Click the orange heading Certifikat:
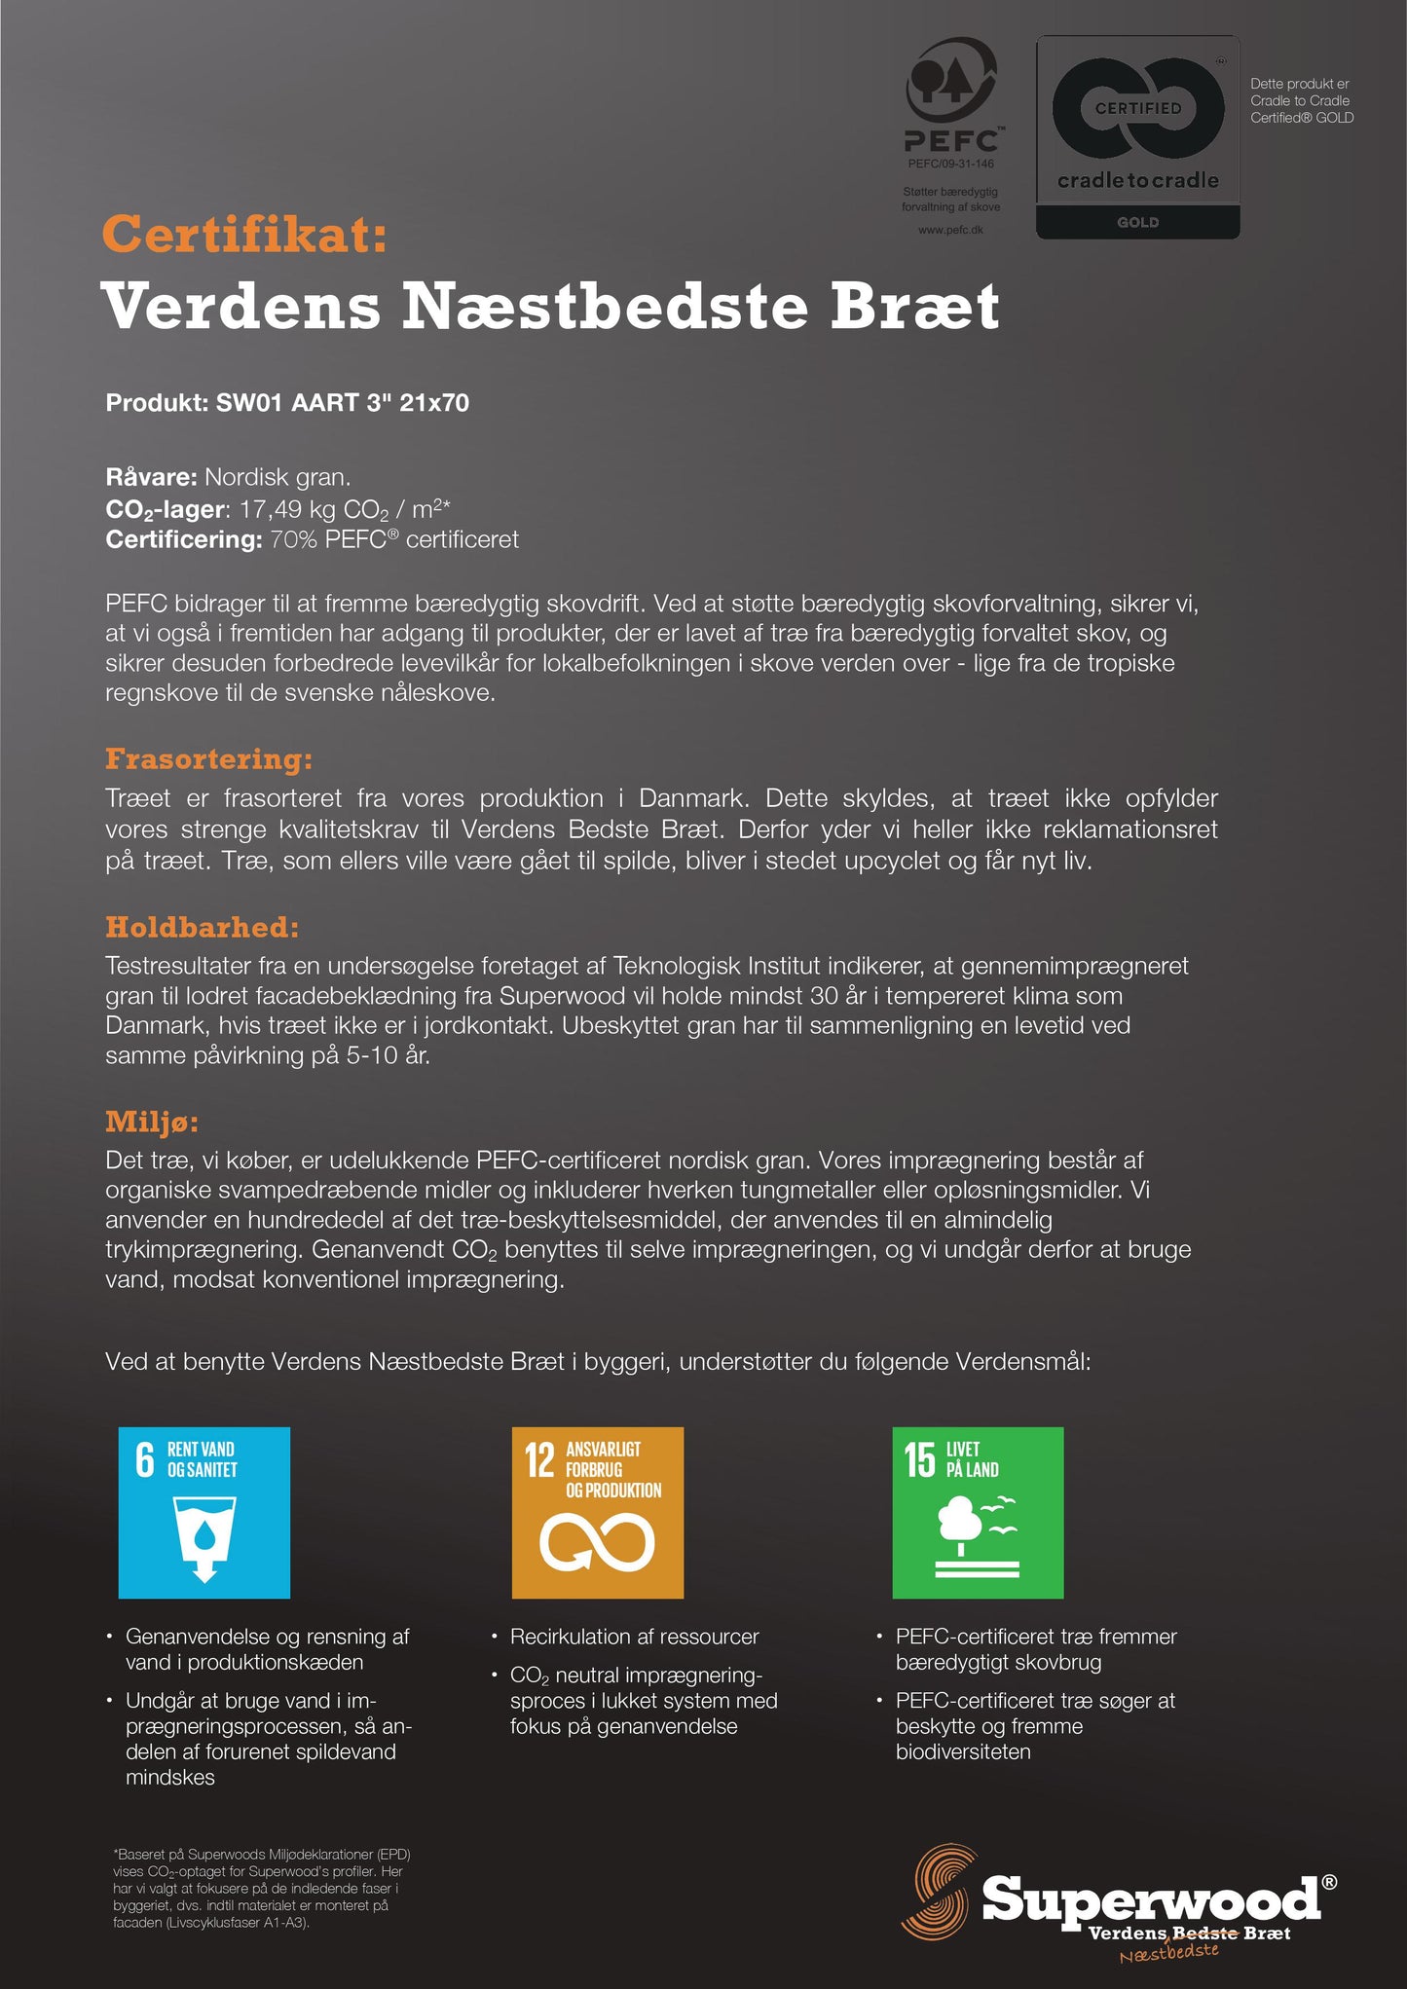click(244, 235)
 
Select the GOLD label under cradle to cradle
click(1137, 223)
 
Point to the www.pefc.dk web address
click(950, 230)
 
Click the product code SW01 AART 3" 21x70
click(342, 403)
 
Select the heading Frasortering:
click(208, 759)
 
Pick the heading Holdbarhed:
click(202, 927)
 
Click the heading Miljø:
click(152, 1122)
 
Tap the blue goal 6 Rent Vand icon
click(204, 1512)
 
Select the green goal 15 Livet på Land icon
click(978, 1512)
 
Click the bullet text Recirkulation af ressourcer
click(634, 1637)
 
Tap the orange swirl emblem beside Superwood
click(940, 1891)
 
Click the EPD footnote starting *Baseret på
click(258, 1888)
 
